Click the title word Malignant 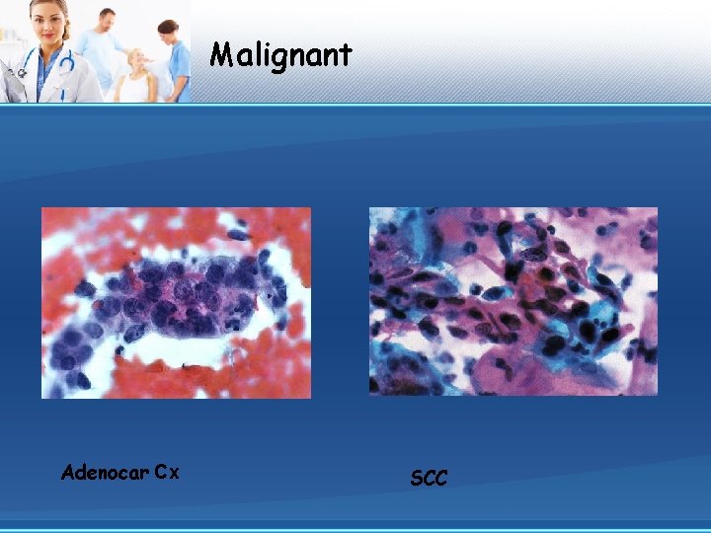click(x=280, y=54)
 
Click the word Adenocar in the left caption click(x=104, y=472)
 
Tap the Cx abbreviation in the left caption click(x=166, y=472)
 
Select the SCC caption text click(x=429, y=479)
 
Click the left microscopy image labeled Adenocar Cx click(x=176, y=302)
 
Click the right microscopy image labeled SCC click(x=513, y=301)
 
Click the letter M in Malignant click(x=220, y=54)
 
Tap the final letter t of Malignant click(x=346, y=54)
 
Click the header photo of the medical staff click(x=96, y=51)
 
